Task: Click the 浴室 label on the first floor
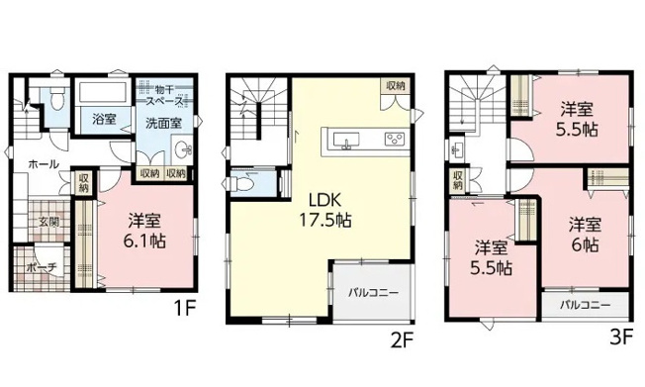coord(104,119)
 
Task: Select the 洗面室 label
coord(163,123)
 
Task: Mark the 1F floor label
coord(185,309)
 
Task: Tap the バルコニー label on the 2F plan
coord(371,294)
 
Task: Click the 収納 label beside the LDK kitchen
coord(395,87)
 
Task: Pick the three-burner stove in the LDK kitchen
coord(393,139)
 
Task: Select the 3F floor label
coord(621,336)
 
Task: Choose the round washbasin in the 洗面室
coord(182,150)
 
